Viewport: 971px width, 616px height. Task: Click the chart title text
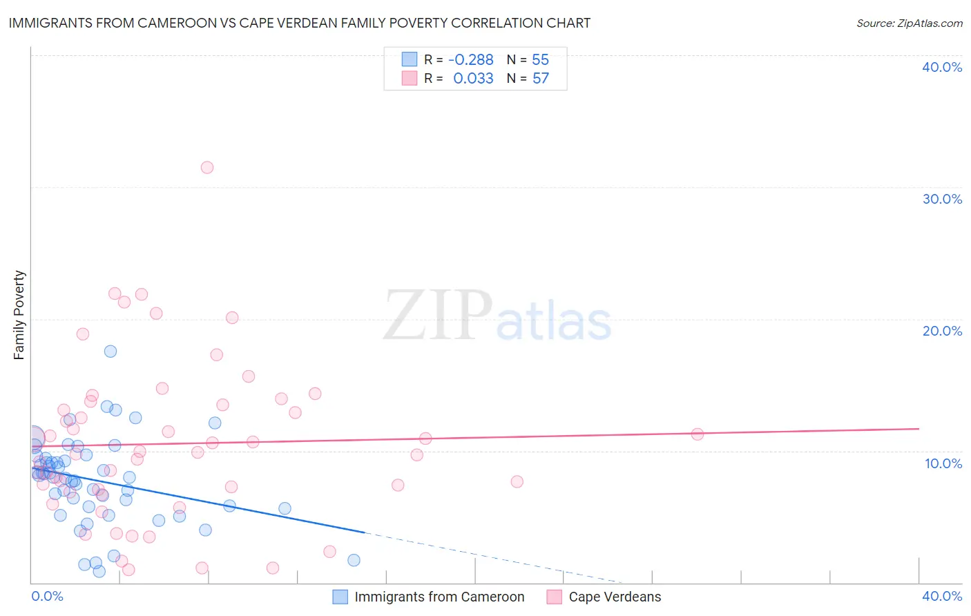(x=300, y=23)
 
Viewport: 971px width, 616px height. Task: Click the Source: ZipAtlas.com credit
(x=909, y=23)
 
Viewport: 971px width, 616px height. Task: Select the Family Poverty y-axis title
(x=19, y=315)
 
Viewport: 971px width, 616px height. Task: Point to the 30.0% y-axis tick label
(x=942, y=199)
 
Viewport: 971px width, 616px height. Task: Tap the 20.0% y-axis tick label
(x=942, y=331)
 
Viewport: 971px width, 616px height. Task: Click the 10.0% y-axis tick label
(x=943, y=463)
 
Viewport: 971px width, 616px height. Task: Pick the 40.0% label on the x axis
(x=942, y=596)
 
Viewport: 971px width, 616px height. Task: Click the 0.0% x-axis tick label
(x=48, y=596)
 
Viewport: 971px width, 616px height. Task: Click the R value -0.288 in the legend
(x=471, y=60)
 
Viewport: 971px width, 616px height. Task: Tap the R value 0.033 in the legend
(x=473, y=79)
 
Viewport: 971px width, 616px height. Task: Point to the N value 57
(x=541, y=79)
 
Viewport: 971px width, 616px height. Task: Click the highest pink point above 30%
(x=207, y=167)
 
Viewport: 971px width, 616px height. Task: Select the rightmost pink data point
(x=698, y=434)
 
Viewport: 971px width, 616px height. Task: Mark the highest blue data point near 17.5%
(x=110, y=351)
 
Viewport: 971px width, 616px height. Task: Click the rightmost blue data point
(x=354, y=560)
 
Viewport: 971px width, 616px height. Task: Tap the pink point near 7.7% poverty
(x=517, y=481)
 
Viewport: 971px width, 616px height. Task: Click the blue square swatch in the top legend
(x=410, y=59)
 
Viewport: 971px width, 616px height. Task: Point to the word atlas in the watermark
(x=554, y=323)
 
